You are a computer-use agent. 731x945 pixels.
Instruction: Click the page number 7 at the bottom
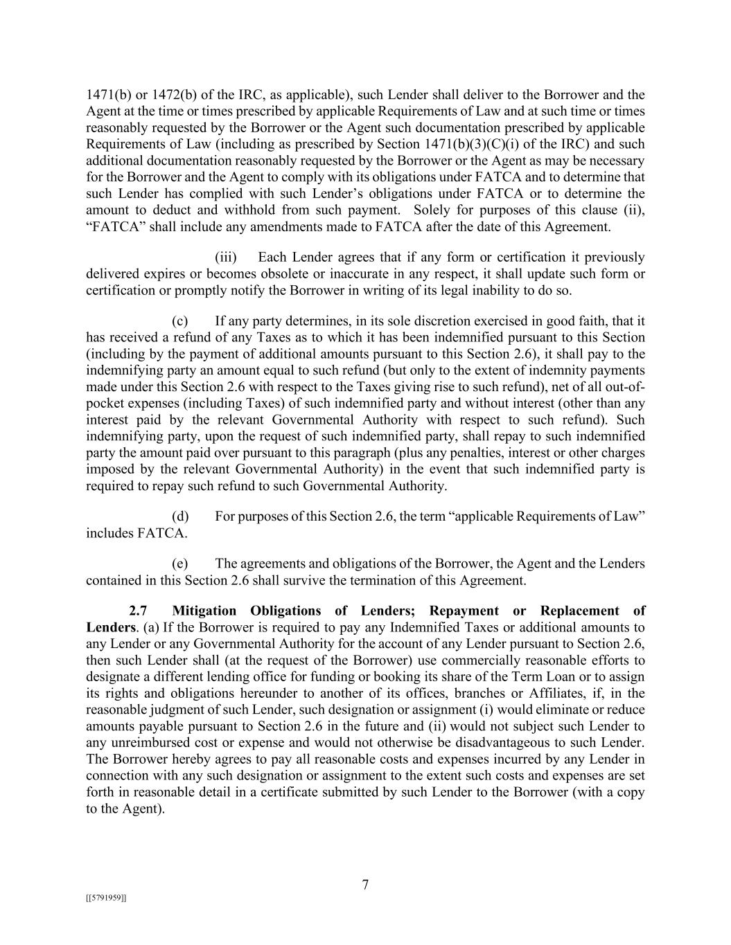pyautogui.click(x=365, y=885)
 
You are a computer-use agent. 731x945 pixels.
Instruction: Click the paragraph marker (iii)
pyautogui.click(x=226, y=258)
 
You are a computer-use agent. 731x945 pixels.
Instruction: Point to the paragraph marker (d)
pyautogui.click(x=180, y=516)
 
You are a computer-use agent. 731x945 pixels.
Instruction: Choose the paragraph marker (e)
pyautogui.click(x=180, y=564)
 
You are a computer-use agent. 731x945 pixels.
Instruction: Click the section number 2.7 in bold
pyautogui.click(x=139, y=611)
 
